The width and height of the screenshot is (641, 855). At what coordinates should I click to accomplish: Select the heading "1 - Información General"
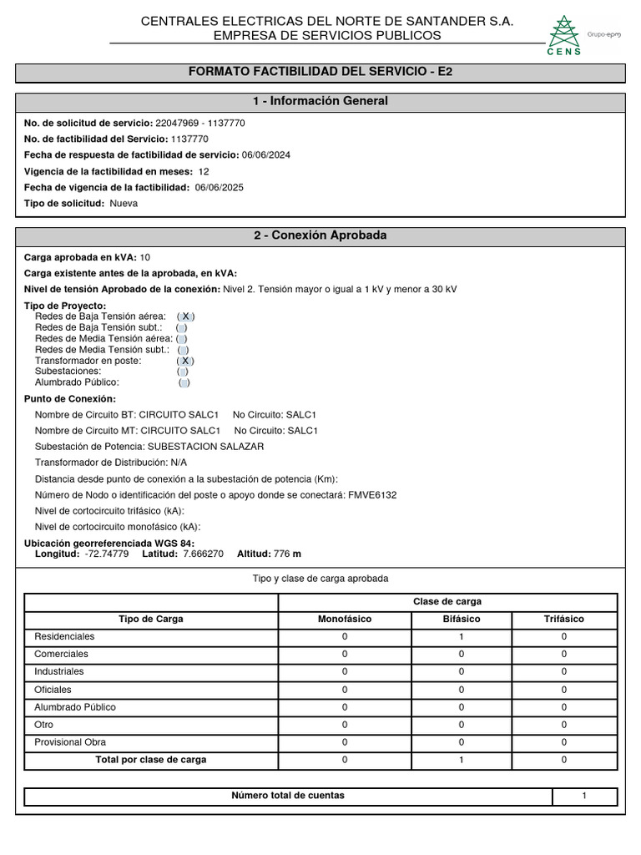[x=320, y=101]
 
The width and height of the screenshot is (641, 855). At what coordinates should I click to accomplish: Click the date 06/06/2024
[x=265, y=155]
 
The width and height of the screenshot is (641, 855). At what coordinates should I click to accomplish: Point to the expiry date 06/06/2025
[x=220, y=187]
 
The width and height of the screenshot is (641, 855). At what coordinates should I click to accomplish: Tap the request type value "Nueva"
[x=124, y=203]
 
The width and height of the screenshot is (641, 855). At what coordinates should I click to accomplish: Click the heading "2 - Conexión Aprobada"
[x=320, y=235]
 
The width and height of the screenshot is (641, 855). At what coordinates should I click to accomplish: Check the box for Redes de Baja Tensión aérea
[x=186, y=316]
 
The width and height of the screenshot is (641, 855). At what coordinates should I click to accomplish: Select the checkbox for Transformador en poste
[x=185, y=361]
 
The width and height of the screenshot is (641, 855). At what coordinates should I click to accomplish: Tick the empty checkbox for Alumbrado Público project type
[x=184, y=382]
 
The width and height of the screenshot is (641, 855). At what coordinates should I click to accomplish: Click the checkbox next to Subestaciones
[x=183, y=372]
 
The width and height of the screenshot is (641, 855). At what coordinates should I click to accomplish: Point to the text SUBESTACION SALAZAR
[x=205, y=447]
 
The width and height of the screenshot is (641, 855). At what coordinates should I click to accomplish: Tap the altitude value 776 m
[x=287, y=554]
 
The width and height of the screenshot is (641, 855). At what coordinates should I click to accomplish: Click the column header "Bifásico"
[x=461, y=619]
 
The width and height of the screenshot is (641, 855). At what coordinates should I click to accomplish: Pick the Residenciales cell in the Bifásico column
[x=461, y=636]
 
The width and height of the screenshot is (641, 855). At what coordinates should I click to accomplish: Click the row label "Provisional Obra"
[x=70, y=742]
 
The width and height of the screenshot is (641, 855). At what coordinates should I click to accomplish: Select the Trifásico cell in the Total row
[x=564, y=760]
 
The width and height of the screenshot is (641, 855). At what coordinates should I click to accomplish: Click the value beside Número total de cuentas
[x=584, y=796]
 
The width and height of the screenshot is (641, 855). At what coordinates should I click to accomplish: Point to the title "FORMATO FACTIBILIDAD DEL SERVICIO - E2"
[x=320, y=73]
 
